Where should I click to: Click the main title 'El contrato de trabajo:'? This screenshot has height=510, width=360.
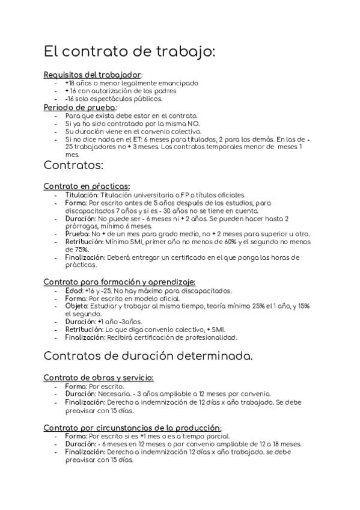click(129, 52)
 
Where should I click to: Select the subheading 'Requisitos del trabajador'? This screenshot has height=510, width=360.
click(92, 74)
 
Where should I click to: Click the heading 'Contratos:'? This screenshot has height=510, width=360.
click(74, 164)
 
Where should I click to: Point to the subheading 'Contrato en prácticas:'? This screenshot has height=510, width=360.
click(87, 186)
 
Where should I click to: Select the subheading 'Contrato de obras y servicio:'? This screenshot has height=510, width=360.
click(99, 378)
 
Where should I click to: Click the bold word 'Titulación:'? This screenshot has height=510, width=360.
click(81, 195)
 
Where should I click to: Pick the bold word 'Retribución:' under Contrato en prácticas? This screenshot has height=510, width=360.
click(84, 241)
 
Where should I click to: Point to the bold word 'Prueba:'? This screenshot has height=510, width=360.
click(76, 233)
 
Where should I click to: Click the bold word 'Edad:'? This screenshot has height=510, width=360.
click(74, 290)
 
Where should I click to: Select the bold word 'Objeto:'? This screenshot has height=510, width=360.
click(76, 306)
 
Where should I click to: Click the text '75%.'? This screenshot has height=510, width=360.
click(75, 249)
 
